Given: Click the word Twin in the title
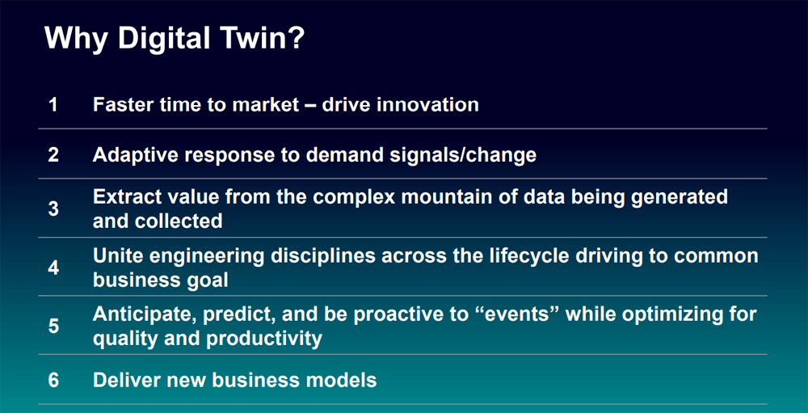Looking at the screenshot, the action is (x=247, y=39).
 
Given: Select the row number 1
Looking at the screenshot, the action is (x=53, y=105).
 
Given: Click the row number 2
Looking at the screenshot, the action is (x=53, y=155).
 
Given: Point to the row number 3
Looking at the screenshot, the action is (x=53, y=209).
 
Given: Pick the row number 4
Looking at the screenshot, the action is (x=53, y=268).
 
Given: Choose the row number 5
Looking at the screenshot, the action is (x=53, y=327).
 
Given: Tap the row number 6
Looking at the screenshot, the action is (x=53, y=381).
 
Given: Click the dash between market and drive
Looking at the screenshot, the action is (x=308, y=106).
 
